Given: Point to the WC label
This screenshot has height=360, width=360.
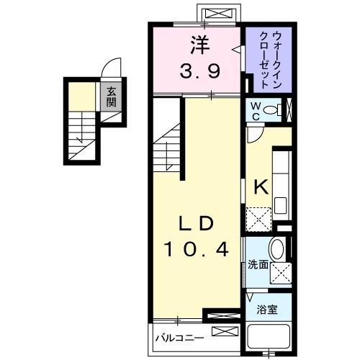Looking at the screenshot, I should click(x=256, y=110).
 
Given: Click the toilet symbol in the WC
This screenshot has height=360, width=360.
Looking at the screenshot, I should click(x=273, y=110).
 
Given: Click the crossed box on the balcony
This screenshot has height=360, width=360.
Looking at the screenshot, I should click(x=224, y=333).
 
